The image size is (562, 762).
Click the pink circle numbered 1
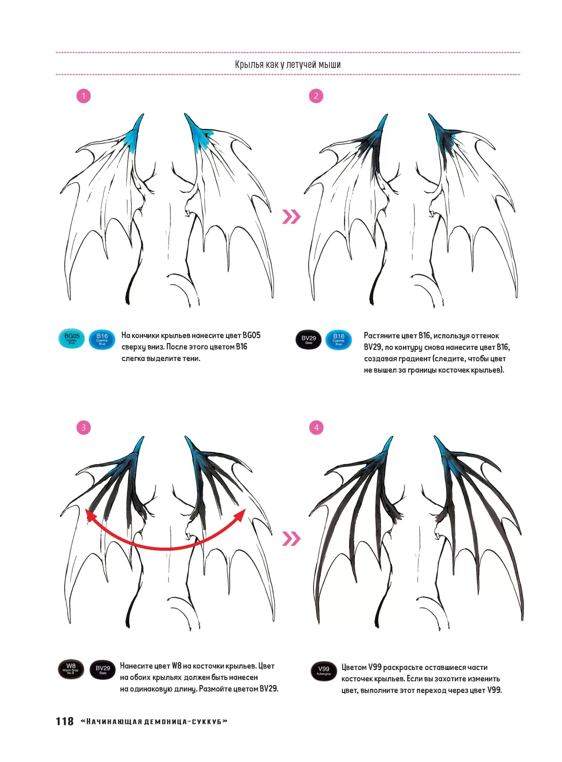pos(84,96)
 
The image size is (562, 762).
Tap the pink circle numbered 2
pos(316,96)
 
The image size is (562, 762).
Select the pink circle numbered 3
pos(84,428)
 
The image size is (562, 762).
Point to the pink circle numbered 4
pos(316,428)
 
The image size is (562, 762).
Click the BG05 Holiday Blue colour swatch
pos(71,339)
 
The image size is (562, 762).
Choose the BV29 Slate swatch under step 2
pos(309,340)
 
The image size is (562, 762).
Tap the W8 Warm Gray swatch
pos(71,669)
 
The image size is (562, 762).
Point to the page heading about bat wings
pos(288,64)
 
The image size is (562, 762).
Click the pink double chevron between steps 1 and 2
pos(291,217)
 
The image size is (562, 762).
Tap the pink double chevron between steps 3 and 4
pos(291,538)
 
